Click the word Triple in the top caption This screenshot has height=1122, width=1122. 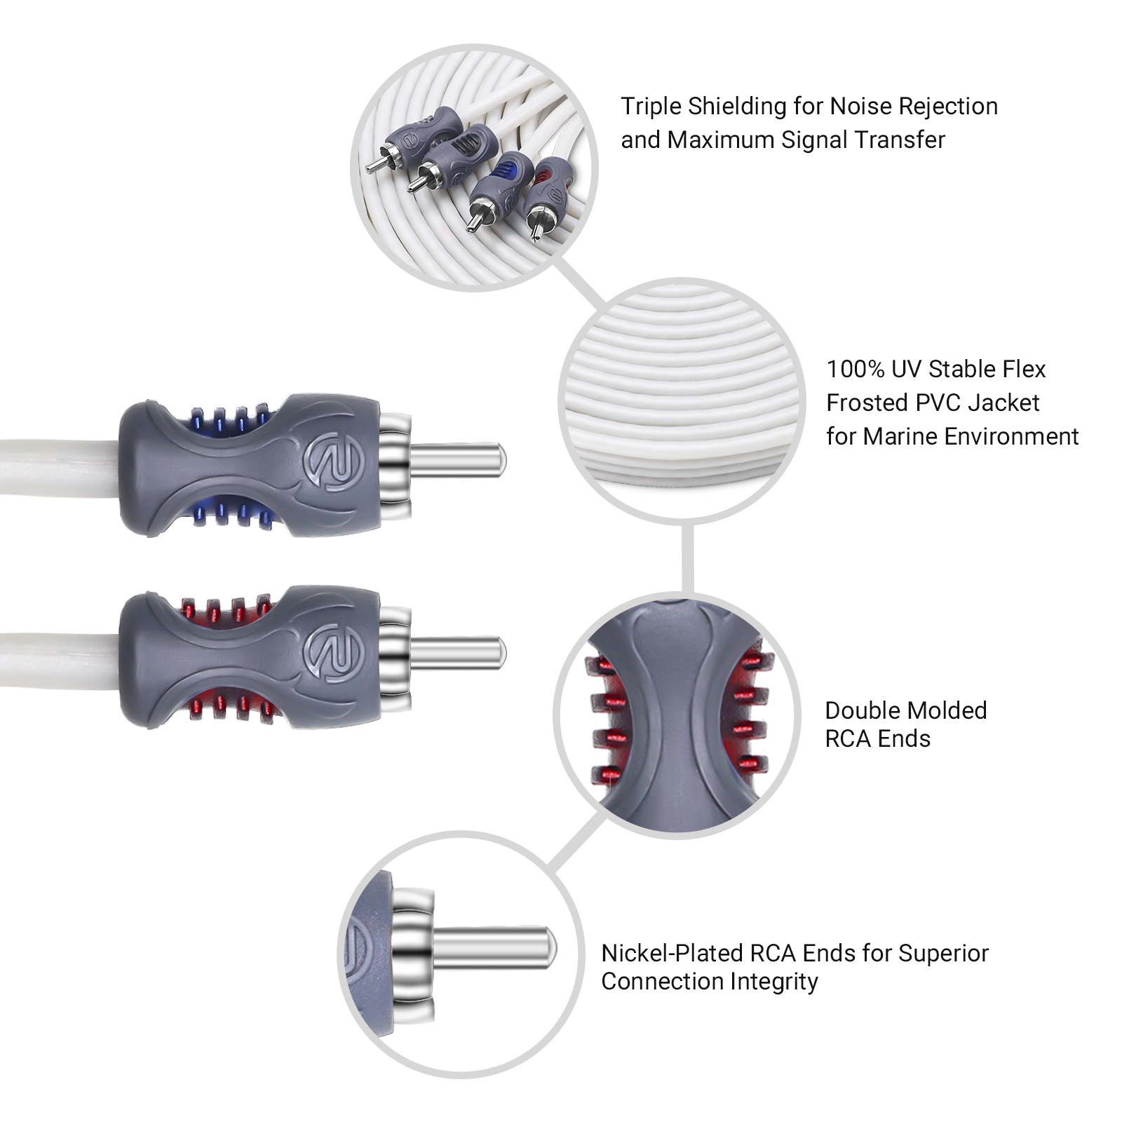click(651, 107)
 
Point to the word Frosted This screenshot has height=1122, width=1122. click(867, 403)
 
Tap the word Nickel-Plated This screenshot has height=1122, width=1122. click(672, 953)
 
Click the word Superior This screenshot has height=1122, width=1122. click(943, 953)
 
